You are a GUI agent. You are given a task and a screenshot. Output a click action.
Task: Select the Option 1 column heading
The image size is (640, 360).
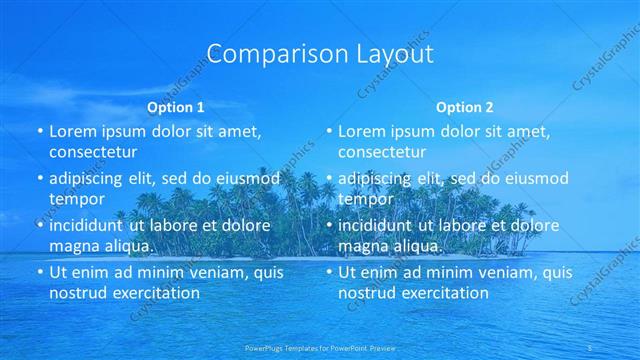coord(176,106)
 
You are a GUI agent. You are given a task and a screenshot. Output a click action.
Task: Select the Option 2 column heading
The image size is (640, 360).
coord(464,106)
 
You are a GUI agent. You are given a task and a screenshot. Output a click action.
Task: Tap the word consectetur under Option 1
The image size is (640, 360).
coord(93,152)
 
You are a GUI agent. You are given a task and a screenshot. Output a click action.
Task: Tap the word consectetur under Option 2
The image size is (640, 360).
coord(382,152)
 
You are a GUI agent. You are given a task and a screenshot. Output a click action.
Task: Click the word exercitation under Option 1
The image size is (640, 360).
coord(153,293)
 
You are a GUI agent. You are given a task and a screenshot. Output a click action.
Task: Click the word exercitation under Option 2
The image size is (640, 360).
coord(442,293)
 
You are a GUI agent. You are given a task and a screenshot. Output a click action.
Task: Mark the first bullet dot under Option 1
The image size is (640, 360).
coord(40,132)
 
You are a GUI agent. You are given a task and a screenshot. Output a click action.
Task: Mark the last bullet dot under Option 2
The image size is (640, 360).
coord(329,272)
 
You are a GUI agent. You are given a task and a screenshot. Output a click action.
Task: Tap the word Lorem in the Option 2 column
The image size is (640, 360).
coord(361,132)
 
